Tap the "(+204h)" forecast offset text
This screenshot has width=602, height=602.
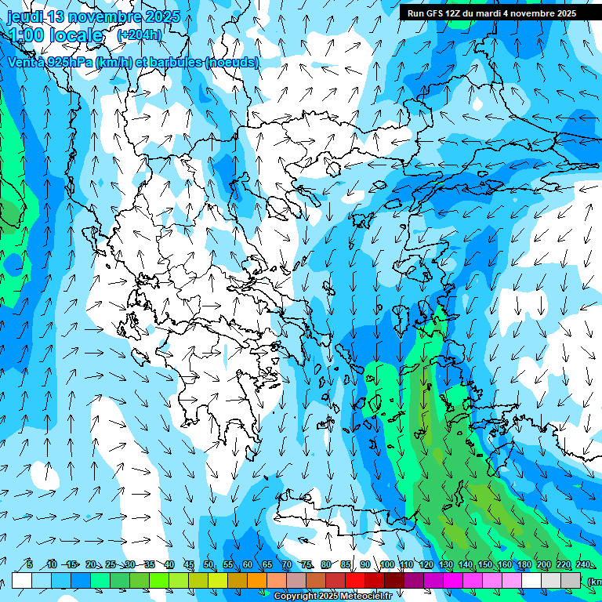139,34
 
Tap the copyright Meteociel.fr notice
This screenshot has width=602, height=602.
332,597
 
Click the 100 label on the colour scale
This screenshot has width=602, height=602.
386,565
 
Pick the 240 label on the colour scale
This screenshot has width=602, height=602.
582,565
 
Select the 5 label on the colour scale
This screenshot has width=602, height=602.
30,565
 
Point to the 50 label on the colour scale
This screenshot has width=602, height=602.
208,565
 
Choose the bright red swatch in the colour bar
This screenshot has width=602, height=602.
355,581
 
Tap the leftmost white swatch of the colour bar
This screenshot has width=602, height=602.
22,581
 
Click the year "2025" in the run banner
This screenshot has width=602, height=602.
562,13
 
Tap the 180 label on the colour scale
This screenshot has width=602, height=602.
524,565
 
